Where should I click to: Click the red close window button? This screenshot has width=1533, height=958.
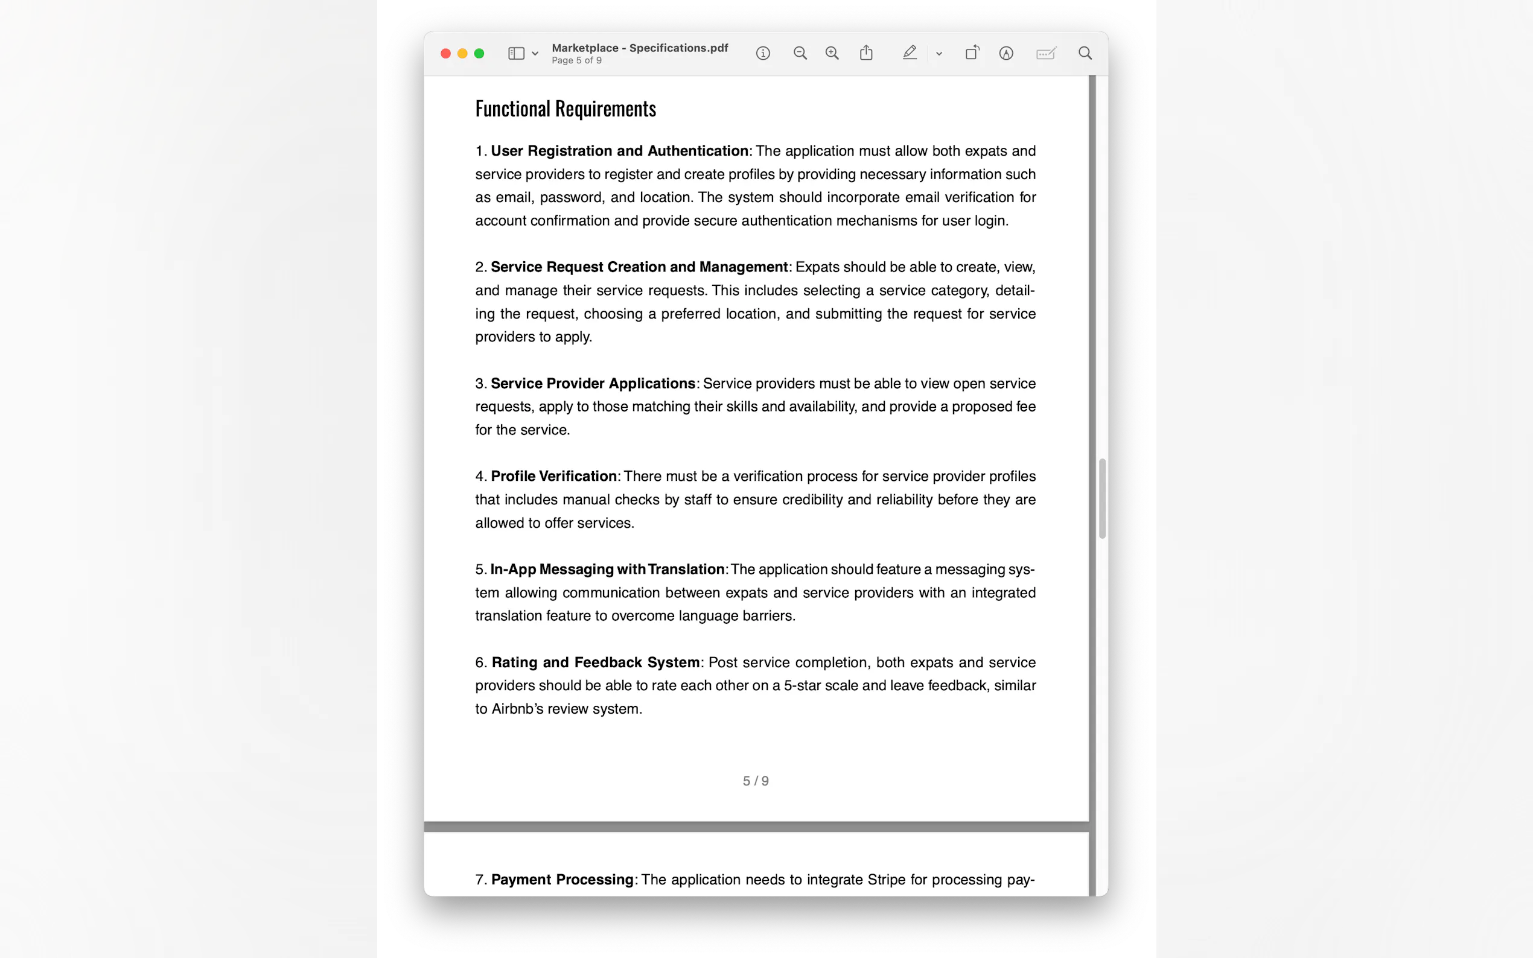tap(445, 54)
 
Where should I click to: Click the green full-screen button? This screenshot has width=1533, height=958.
tap(479, 54)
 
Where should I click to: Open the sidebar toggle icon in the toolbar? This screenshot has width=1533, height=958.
tap(516, 54)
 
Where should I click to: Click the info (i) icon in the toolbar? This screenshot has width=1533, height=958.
tap(763, 54)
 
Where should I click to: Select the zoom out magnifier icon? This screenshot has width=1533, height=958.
tap(800, 54)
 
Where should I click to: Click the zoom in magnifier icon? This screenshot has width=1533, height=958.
tap(832, 54)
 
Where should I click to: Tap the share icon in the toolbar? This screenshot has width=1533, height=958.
tap(866, 53)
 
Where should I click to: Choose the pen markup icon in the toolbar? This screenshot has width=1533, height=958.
tap(910, 53)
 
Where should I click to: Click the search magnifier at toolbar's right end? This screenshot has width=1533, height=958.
tap(1085, 53)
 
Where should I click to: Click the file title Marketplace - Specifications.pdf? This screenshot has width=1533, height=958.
tap(639, 48)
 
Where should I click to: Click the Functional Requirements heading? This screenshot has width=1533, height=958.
tap(566, 109)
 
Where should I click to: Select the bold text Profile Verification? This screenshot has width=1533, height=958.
tap(553, 477)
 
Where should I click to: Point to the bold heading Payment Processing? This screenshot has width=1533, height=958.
tap(562, 880)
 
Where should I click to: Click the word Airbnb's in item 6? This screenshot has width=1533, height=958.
tap(517, 709)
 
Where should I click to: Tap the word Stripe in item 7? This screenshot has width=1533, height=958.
tap(887, 880)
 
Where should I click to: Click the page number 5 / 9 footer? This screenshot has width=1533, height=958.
tap(756, 781)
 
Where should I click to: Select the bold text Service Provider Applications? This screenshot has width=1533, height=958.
tap(593, 384)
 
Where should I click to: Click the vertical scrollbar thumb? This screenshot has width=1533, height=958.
tap(1102, 499)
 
